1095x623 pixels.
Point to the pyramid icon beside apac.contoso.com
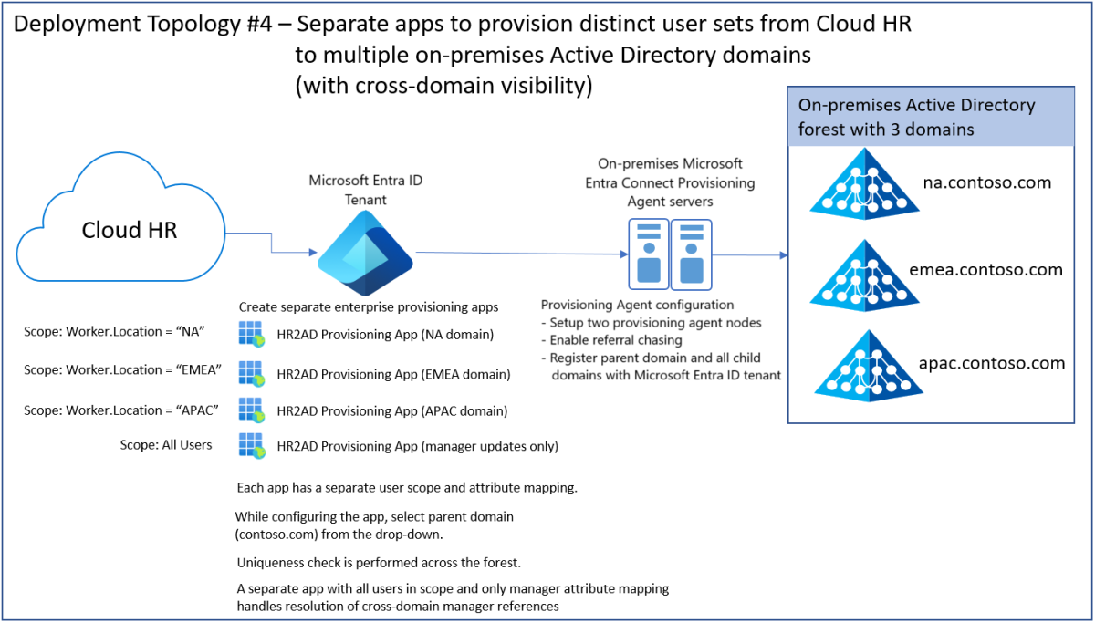point(858,362)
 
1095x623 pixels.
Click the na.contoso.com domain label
point(986,182)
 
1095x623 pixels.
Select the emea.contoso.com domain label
point(986,270)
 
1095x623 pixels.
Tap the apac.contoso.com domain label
point(992,363)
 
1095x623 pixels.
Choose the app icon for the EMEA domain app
point(251,372)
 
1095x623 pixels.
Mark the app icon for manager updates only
point(251,445)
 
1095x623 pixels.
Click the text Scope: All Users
point(166,445)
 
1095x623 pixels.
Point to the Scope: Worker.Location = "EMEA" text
point(120,370)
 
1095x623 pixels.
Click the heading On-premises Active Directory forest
point(916,117)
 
